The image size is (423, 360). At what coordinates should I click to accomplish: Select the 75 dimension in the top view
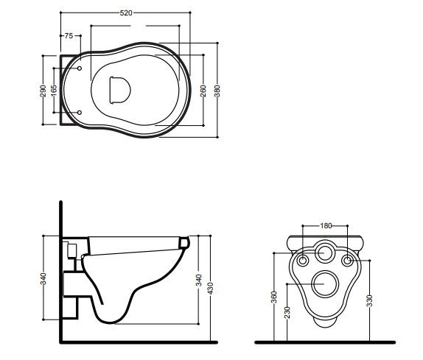click(68, 35)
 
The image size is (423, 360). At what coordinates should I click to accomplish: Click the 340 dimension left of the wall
click(44, 278)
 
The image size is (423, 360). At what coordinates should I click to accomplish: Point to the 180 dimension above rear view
click(326, 225)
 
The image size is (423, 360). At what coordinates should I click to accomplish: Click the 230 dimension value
click(287, 312)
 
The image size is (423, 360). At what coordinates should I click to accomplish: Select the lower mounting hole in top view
click(80, 112)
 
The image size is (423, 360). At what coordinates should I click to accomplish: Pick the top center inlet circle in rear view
click(325, 253)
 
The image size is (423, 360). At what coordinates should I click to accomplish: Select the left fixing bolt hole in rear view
click(303, 260)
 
